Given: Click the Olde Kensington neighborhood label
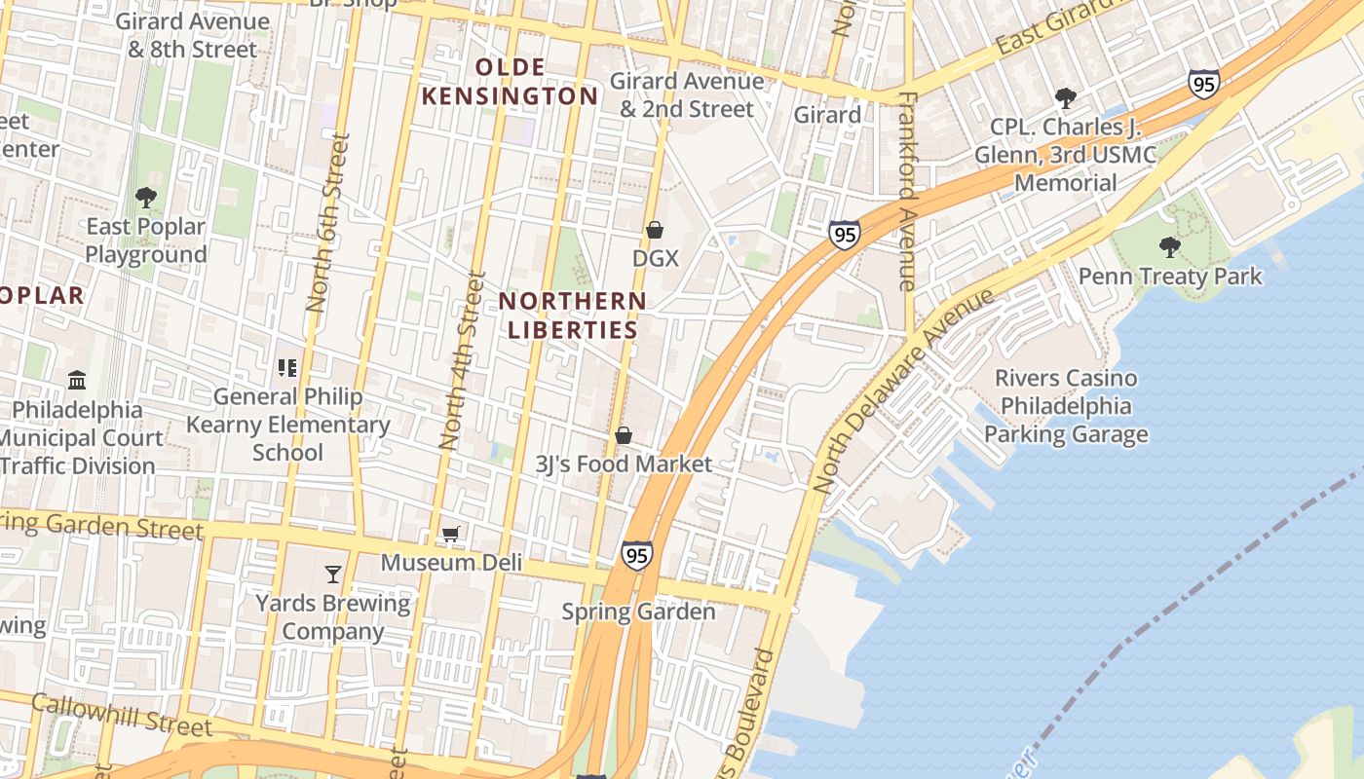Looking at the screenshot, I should click(x=536, y=81).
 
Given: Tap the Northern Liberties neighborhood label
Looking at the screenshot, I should click(x=572, y=315).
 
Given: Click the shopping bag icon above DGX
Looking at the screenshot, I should click(x=655, y=230).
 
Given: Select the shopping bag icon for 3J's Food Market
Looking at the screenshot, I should click(x=624, y=435).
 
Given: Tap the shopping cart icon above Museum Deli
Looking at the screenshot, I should click(x=450, y=534).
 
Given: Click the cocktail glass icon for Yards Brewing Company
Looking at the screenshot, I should click(x=333, y=575).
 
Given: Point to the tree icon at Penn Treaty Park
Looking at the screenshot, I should click(x=1170, y=247).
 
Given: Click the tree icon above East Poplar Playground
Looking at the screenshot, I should click(x=146, y=198).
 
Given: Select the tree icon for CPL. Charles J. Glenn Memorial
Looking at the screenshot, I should click(x=1066, y=98).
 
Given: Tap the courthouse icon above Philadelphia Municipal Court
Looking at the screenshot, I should click(x=77, y=380).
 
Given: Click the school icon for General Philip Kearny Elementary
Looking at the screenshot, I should click(x=287, y=368).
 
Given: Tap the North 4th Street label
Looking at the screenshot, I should click(x=462, y=360).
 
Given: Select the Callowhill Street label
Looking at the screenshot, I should click(x=121, y=715).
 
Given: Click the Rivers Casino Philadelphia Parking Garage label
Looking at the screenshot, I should click(x=1066, y=406).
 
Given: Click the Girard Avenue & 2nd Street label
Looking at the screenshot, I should click(x=687, y=94).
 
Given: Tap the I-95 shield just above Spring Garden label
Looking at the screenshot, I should click(x=636, y=555).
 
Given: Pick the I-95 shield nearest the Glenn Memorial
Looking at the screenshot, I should click(x=1204, y=85).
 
